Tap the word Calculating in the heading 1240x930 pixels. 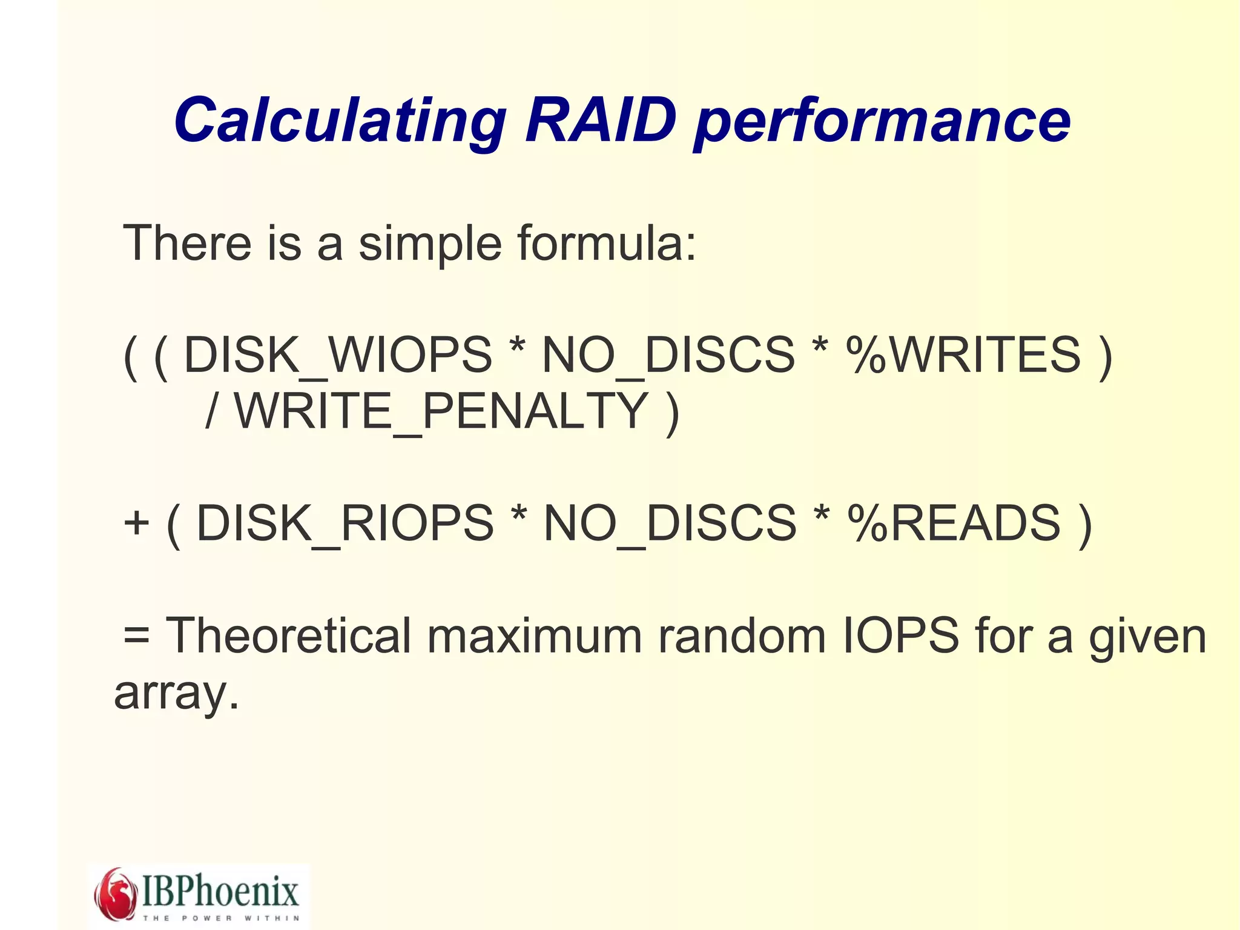point(340,121)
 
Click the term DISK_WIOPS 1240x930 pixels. point(338,354)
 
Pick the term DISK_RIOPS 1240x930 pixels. point(345,523)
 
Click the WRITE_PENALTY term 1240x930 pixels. point(441,411)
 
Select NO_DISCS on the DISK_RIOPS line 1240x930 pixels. point(670,523)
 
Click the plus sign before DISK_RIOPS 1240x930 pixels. point(136,523)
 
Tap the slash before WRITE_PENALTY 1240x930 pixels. point(211,411)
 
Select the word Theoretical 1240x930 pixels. point(289,636)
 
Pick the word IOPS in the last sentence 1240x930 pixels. point(902,636)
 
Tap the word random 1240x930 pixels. point(742,636)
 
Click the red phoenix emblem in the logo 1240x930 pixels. point(116,894)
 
